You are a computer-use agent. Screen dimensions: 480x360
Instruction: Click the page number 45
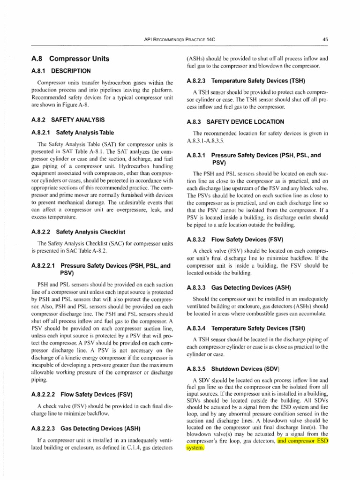pos(325,40)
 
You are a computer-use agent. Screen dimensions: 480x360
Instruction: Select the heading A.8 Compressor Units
pos(69,59)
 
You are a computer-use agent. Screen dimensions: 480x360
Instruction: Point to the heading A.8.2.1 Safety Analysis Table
pos(72,133)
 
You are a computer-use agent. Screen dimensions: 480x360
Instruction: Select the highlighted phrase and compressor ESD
pos(303,441)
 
